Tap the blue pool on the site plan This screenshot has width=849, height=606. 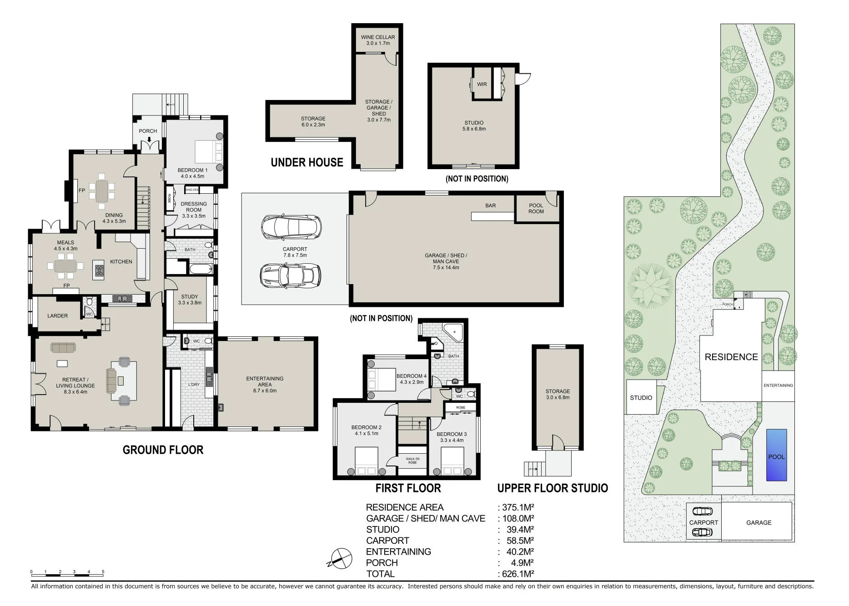click(x=777, y=455)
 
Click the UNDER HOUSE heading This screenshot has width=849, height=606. click(x=307, y=162)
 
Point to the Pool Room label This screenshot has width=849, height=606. click(x=536, y=208)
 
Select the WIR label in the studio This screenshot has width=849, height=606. click(x=482, y=84)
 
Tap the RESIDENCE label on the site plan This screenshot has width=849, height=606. click(x=731, y=357)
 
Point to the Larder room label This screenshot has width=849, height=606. click(x=57, y=316)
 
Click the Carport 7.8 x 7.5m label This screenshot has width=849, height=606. click(x=295, y=252)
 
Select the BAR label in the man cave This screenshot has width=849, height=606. click(x=490, y=205)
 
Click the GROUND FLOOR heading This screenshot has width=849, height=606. click(x=163, y=450)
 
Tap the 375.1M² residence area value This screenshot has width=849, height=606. click(x=518, y=507)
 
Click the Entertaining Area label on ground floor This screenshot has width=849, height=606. click(x=265, y=384)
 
